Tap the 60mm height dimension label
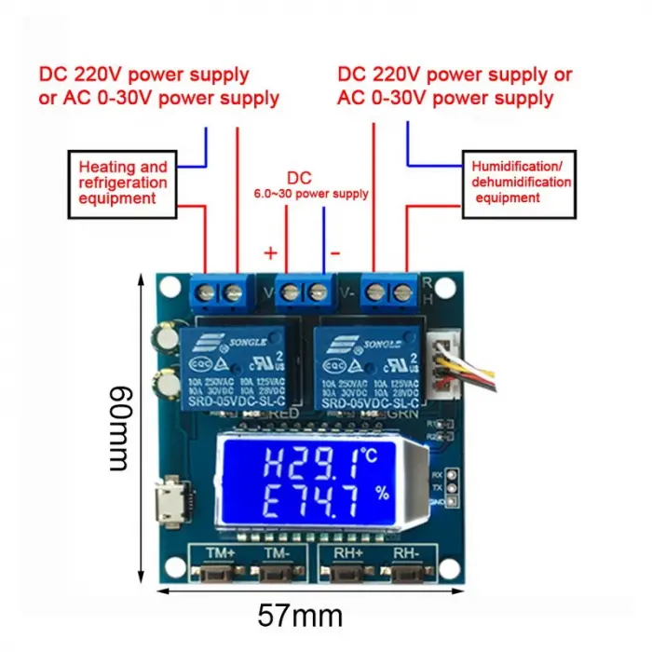119,428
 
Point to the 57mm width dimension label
301,615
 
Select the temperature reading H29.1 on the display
297,462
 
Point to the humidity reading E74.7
297,503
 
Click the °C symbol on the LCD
370,455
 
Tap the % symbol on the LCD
381,495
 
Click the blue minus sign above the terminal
335,252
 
